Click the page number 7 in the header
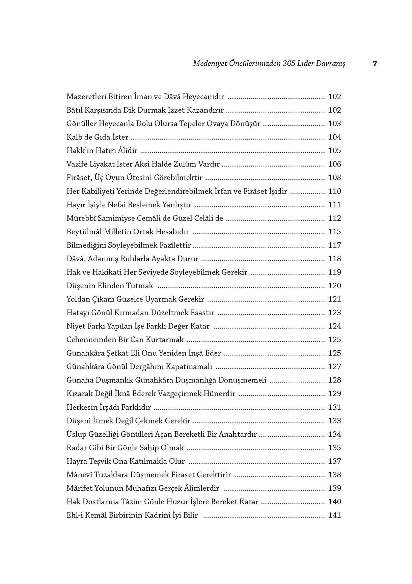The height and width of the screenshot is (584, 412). click(375, 63)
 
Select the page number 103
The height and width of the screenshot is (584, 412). click(334, 124)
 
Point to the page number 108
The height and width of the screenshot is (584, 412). click(334, 178)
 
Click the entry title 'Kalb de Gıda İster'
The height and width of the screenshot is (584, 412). click(98, 137)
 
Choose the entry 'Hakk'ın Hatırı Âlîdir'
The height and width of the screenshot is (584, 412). click(102, 151)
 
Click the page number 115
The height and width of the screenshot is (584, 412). click(334, 232)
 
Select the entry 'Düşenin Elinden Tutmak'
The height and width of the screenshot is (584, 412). click(110, 286)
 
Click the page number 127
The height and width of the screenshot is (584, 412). click(334, 367)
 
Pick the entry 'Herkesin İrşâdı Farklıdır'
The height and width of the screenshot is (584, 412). click(109, 407)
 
